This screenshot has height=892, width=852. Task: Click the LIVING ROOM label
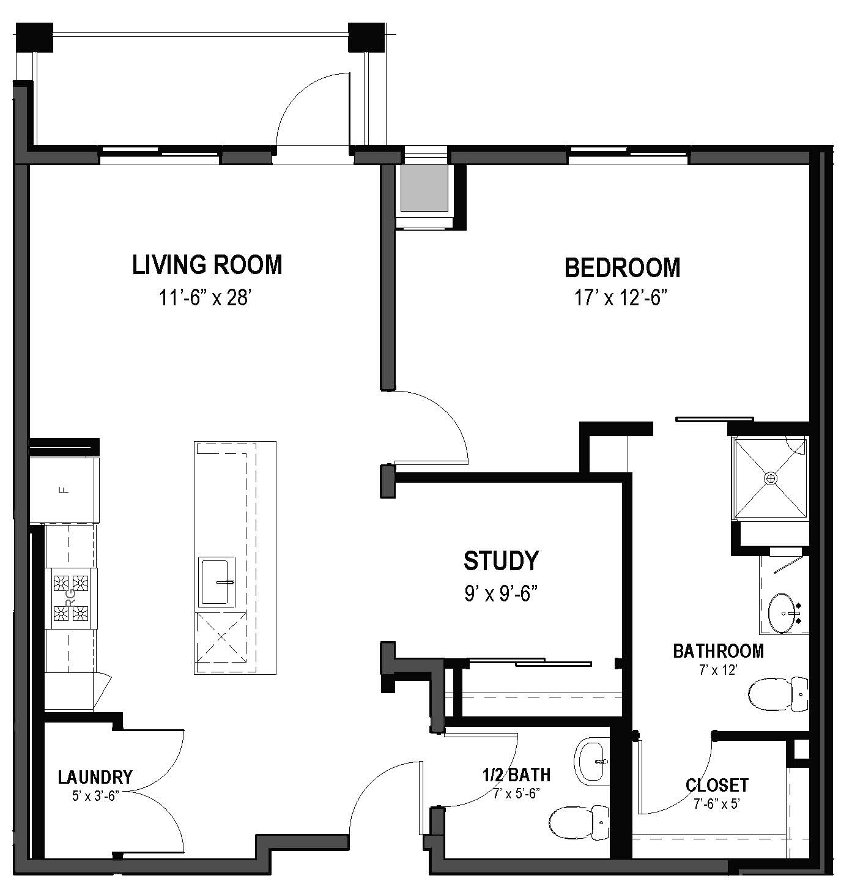207,265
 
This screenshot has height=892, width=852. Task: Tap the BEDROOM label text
622,268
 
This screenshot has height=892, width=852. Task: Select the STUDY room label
501,560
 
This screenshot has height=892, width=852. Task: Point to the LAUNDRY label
95,777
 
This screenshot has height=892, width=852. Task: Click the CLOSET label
717,785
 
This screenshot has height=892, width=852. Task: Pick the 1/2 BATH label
516,775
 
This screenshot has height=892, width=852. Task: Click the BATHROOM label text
718,651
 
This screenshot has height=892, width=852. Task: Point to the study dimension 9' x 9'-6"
501,593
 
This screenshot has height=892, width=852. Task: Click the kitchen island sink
217,582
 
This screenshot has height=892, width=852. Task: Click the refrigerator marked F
64,489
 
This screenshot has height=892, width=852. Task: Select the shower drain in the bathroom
771,477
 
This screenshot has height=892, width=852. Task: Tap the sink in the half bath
592,762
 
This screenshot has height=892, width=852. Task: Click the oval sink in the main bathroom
783,612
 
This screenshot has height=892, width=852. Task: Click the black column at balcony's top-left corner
34,38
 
